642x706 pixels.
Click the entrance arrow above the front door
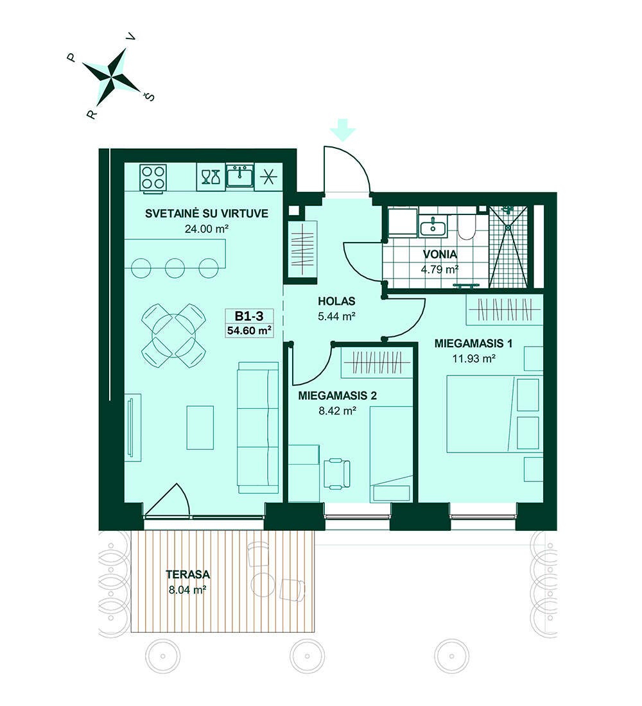click(342, 130)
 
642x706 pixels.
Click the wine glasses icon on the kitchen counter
click(211, 177)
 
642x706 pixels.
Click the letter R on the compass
click(92, 114)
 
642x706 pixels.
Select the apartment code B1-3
click(248, 315)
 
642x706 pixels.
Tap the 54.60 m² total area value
click(249, 331)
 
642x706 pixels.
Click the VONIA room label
click(440, 254)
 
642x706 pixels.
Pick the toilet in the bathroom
click(466, 228)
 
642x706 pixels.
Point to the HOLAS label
click(336, 301)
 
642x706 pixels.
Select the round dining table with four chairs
click(173, 336)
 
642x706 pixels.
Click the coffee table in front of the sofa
click(200, 427)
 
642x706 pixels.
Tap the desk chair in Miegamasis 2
click(336, 474)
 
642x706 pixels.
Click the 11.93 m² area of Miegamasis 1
click(474, 359)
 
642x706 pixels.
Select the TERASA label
click(188, 574)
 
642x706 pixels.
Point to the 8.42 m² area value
click(338, 411)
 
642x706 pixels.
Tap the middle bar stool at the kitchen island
click(175, 268)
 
